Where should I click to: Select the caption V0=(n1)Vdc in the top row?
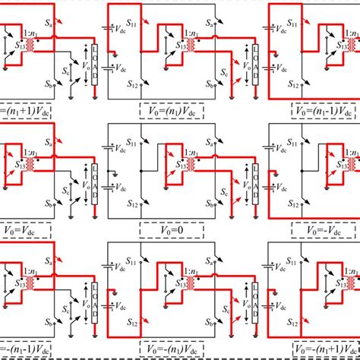(182, 109)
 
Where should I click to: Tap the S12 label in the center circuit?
(132, 203)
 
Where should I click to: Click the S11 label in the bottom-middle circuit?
(132, 262)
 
